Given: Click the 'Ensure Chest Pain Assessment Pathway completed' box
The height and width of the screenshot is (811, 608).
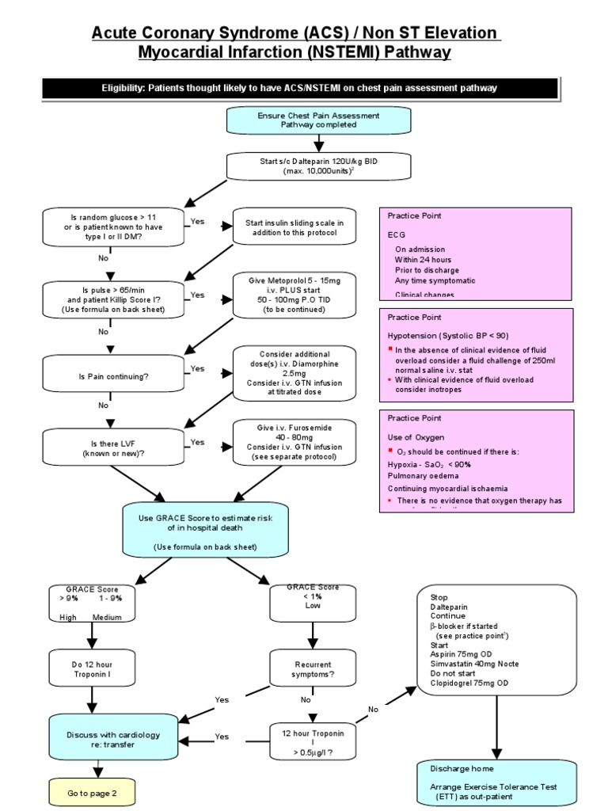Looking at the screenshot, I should (319, 120).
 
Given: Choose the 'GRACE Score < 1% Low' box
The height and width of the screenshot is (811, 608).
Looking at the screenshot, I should (314, 602).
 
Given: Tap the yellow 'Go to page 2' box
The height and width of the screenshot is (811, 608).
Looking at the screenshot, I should (92, 793).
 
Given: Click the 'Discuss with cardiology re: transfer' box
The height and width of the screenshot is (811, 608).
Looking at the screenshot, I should (102, 740).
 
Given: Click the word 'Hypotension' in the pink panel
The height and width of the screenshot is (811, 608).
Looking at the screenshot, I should (417, 335).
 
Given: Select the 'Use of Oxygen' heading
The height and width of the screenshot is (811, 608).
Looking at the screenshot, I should (416, 437).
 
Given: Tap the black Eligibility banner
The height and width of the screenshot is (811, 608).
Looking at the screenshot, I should (299, 88).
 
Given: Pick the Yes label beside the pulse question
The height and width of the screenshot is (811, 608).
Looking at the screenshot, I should (197, 295).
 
